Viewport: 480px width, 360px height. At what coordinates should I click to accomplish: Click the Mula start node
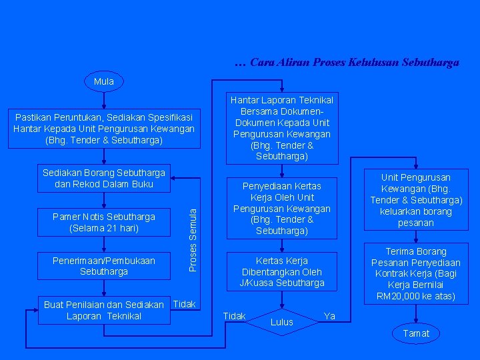point(104,81)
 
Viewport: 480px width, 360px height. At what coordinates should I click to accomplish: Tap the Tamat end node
point(416,333)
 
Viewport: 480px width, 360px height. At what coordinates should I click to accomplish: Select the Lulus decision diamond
point(282,322)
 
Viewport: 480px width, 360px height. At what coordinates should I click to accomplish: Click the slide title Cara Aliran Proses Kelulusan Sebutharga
point(347,63)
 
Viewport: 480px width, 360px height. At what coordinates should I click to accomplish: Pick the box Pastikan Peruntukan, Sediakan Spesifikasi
point(104,129)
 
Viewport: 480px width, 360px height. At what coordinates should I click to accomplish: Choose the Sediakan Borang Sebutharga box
point(103,178)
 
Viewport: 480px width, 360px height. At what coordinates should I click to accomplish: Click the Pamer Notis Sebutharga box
point(103,222)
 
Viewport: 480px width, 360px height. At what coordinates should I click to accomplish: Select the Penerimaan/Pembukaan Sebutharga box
point(103,266)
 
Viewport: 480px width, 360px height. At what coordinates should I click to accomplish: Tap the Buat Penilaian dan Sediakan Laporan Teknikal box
point(103,310)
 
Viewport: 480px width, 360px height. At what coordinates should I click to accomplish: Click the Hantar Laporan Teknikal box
point(281,128)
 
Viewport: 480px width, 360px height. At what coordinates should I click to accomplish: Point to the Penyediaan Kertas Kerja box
point(281,208)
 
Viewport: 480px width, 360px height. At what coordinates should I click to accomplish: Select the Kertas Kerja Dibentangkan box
point(281,271)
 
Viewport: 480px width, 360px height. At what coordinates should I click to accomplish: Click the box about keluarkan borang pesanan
point(416,200)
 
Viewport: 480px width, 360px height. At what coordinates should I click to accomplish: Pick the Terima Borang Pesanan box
point(416,273)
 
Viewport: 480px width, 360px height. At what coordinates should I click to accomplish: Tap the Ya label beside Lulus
point(329,315)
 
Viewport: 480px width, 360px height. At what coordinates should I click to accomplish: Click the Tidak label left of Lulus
point(234,315)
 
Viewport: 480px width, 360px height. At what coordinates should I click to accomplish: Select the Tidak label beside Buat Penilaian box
point(184,304)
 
